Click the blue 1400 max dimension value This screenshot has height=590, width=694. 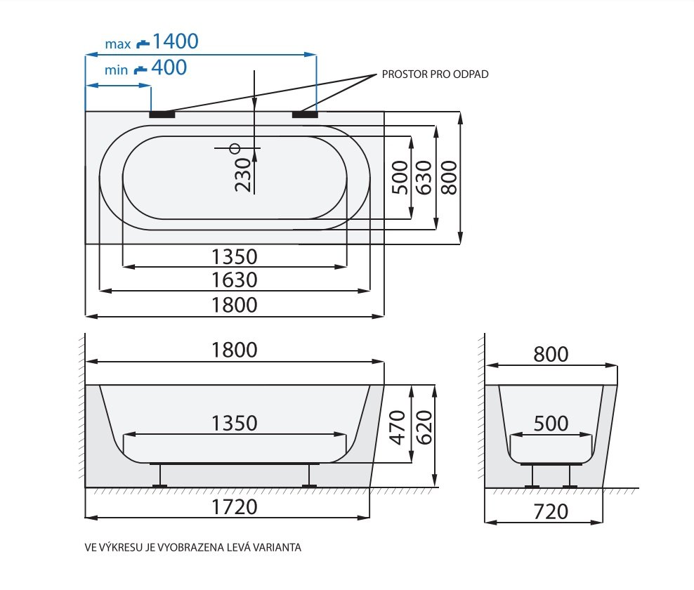[x=176, y=41]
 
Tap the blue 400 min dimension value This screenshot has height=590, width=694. [x=169, y=67]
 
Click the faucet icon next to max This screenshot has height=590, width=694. [x=143, y=44]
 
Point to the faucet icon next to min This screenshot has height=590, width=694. [x=140, y=70]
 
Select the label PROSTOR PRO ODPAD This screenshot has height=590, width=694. [x=435, y=74]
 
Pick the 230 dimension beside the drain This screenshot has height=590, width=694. [x=243, y=175]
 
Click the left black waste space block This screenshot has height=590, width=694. [x=162, y=114]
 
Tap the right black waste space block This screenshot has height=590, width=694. [x=305, y=114]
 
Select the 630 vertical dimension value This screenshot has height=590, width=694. [x=424, y=178]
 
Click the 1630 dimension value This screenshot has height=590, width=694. [x=234, y=280]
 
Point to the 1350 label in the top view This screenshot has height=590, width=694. [x=234, y=256]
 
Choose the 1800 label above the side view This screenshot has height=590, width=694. [x=234, y=350]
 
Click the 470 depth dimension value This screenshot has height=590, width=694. [x=398, y=427]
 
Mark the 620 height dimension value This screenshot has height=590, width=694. [x=424, y=427]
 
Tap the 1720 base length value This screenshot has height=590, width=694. [x=234, y=507]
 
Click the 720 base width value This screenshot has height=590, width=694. [x=551, y=512]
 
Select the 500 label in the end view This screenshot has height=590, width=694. [x=551, y=424]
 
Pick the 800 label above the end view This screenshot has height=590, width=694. [x=551, y=355]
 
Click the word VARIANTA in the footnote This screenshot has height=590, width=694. [x=276, y=548]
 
